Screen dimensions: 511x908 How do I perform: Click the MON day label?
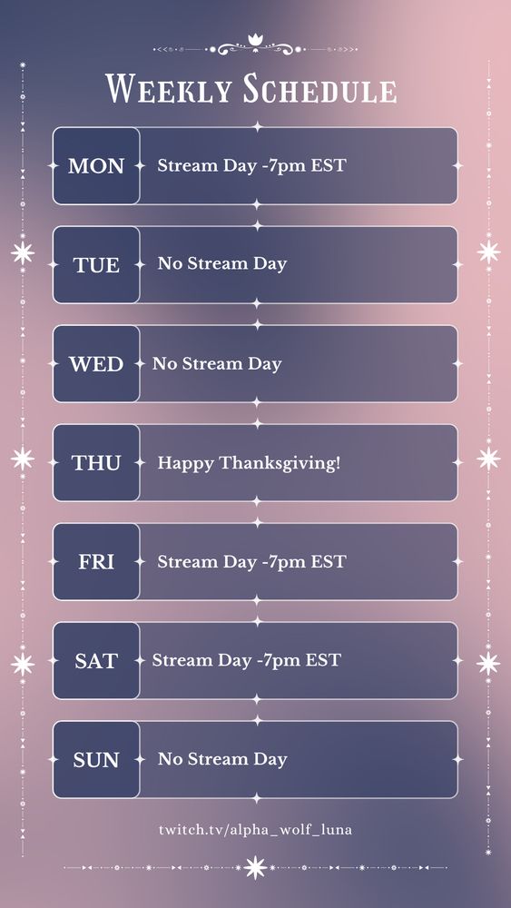[96, 166]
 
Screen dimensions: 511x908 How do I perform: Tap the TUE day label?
[96, 265]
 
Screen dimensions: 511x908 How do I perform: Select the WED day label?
[96, 364]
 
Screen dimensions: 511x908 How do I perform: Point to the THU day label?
[96, 463]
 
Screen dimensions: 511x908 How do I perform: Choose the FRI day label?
[96, 562]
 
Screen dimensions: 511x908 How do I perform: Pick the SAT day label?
[96, 661]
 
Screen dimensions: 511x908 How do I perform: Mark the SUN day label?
[96, 760]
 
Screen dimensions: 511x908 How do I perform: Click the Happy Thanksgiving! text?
[249, 464]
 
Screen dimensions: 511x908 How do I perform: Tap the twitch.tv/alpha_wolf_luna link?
[255, 830]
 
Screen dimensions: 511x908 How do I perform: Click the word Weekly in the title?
[169, 89]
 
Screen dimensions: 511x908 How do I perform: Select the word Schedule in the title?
[320, 89]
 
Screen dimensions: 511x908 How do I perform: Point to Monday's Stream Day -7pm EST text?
[251, 166]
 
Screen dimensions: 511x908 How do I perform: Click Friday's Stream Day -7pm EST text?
[251, 562]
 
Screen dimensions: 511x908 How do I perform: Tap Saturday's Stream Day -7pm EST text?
[247, 660]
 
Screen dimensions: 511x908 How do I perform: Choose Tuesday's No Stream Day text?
[222, 264]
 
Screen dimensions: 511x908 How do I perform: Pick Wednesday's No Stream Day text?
[217, 364]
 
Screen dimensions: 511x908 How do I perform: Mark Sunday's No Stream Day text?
[222, 759]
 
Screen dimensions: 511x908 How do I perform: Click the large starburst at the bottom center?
[255, 867]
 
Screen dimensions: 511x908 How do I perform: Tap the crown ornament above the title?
[255, 40]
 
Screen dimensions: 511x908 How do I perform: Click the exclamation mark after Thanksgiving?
[338, 463]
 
